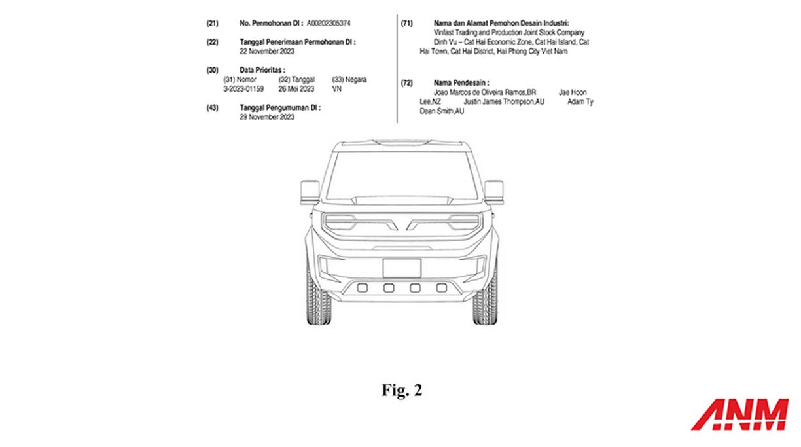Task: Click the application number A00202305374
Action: coord(329,24)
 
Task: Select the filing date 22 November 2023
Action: coord(267,52)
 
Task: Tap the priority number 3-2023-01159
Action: coord(243,89)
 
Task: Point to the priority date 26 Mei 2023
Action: coord(296,89)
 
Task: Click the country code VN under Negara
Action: coord(337,89)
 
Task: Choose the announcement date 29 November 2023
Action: coord(267,117)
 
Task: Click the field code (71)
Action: coord(406,24)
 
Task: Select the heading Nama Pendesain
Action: coord(461,83)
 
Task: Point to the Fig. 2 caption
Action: coord(402,390)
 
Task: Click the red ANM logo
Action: coord(740,414)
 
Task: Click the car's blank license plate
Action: coord(402,268)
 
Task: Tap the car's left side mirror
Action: coord(310,192)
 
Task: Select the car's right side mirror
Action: coord(494,192)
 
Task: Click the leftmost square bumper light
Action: coord(363,287)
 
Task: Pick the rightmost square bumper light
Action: coord(442,287)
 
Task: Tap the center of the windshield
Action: coord(402,175)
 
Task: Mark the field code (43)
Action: coord(213,108)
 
